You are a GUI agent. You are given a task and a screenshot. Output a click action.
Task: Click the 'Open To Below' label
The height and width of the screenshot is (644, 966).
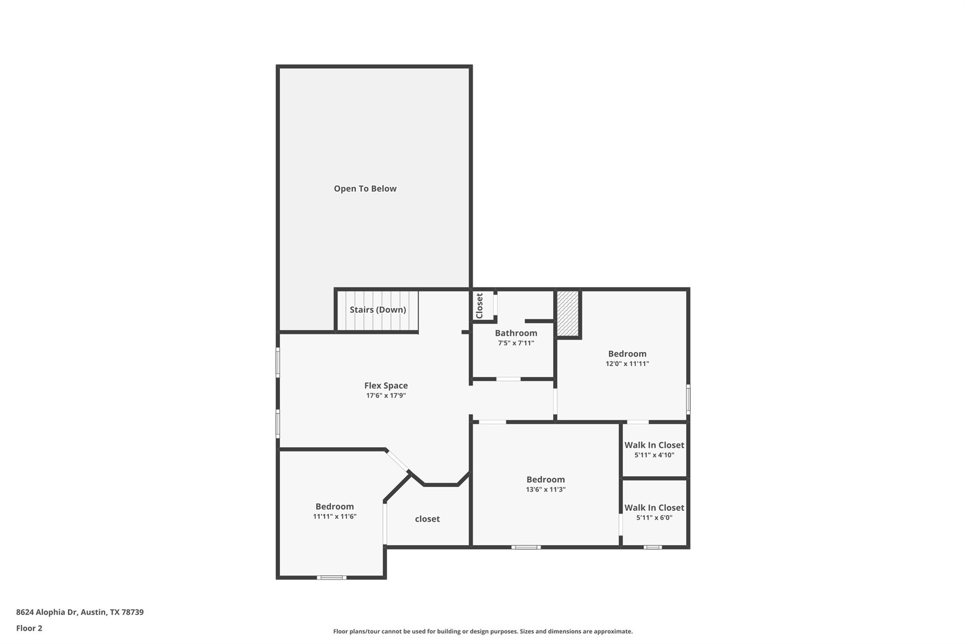pos(365,189)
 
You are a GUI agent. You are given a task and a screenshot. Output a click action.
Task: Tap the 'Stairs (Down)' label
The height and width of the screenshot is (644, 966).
pos(378,309)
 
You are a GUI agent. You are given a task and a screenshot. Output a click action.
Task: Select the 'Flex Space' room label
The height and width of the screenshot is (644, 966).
pos(386,385)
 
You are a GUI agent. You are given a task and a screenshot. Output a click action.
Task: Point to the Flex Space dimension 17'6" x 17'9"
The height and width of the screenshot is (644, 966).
pos(386,396)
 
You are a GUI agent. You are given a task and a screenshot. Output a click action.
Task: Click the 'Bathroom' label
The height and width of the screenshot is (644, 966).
pos(516,333)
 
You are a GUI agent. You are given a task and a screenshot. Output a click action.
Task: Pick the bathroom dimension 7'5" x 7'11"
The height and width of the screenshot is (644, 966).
pos(516,343)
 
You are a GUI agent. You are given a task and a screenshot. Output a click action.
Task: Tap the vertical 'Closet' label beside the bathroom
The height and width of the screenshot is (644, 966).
pos(480,306)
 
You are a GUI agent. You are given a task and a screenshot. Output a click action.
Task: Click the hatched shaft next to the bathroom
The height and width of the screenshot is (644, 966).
pos(568,313)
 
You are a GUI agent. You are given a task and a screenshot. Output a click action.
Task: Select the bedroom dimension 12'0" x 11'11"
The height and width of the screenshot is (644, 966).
pos(627,364)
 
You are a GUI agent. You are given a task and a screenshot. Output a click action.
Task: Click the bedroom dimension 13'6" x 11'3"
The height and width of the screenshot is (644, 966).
pos(546,490)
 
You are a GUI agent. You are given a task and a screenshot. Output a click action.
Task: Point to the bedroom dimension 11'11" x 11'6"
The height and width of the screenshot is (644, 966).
pos(334,517)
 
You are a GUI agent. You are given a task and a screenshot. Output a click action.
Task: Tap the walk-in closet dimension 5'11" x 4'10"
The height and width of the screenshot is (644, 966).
pos(654,455)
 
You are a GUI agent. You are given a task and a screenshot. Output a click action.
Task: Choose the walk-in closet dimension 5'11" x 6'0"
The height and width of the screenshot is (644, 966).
pos(654,518)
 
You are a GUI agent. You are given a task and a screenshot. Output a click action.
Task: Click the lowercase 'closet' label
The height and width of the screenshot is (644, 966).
pos(427,519)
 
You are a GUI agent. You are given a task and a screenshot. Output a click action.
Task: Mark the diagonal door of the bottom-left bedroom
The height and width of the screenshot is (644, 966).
pos(397,461)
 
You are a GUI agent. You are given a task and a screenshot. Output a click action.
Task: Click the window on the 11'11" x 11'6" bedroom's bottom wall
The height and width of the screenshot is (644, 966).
pos(332,577)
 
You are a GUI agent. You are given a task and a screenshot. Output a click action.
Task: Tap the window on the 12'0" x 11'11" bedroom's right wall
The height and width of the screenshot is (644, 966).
pos(688,400)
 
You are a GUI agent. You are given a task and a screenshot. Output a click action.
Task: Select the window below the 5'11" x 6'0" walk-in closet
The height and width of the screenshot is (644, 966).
pos(653,547)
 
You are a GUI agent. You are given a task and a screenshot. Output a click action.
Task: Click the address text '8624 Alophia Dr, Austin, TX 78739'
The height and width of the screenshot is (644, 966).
pos(80,612)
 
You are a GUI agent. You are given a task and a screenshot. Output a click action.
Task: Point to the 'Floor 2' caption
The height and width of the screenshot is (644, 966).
pos(29,628)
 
